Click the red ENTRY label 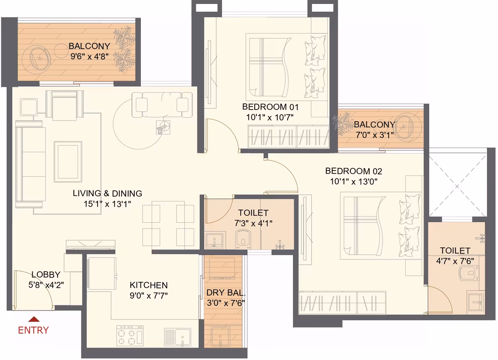click(x=33, y=330)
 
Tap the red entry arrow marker click(x=33, y=319)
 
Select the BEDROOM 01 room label click(x=270, y=107)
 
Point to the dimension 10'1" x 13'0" click(x=353, y=181)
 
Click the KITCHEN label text click(x=149, y=285)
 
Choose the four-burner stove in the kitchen click(x=130, y=336)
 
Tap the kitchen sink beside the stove click(x=178, y=337)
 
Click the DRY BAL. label click(x=226, y=293)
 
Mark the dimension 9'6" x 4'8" click(x=90, y=57)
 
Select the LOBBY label click(x=46, y=275)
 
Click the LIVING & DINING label click(x=107, y=193)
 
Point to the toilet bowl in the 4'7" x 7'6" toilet click(x=469, y=273)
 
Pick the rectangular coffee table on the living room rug click(x=68, y=162)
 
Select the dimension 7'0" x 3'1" click(x=375, y=135)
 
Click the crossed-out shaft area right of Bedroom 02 click(x=457, y=185)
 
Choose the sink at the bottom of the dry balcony click(x=220, y=337)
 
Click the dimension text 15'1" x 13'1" click(x=107, y=204)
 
